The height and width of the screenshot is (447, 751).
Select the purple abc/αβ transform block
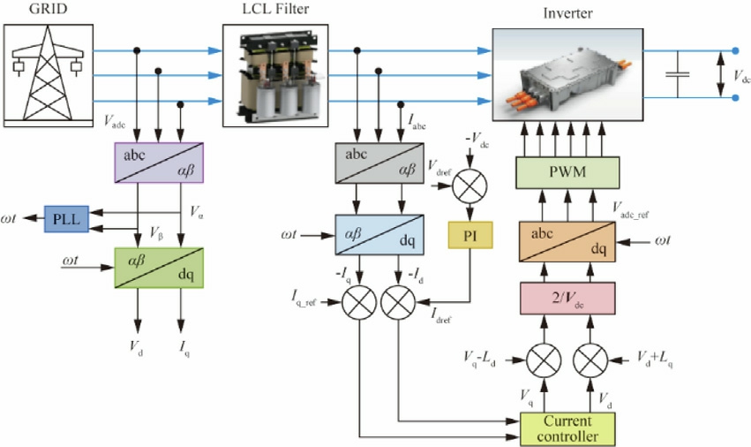pyautogui.click(x=159, y=163)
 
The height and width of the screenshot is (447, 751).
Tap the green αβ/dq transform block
pyautogui.click(x=159, y=267)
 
